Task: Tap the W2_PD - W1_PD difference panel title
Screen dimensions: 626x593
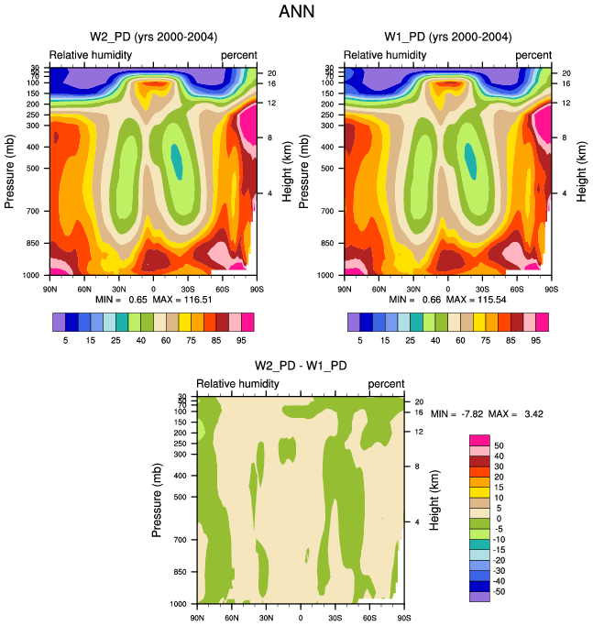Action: (300, 368)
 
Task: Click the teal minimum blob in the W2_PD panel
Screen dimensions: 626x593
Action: (176, 161)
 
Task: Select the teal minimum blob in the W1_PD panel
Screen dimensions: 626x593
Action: (471, 160)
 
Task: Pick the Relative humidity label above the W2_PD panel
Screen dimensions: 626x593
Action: (91, 55)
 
